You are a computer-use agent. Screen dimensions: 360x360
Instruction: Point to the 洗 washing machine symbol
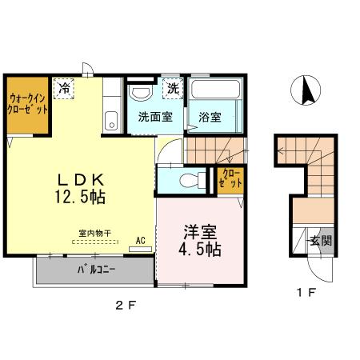[x=173, y=88]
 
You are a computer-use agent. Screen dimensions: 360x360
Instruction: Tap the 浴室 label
[x=210, y=116]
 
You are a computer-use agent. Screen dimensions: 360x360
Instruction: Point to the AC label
[x=140, y=239]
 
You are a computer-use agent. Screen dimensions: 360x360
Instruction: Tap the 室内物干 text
[x=94, y=234]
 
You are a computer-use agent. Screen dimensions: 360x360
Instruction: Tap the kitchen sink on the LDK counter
[x=110, y=122]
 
